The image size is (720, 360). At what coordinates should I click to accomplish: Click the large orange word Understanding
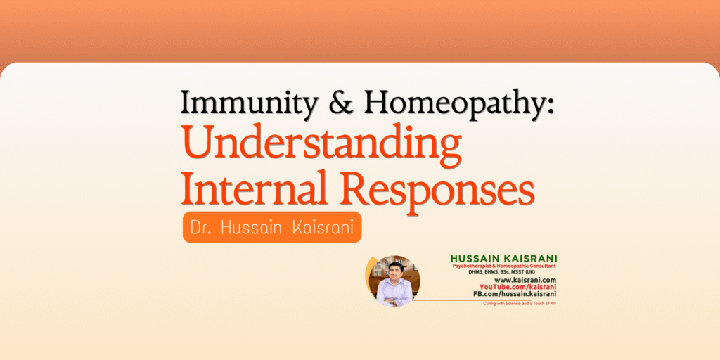click(x=321, y=146)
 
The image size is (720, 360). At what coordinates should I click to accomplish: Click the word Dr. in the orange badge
click(x=203, y=228)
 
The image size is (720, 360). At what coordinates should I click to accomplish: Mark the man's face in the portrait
click(x=394, y=270)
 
